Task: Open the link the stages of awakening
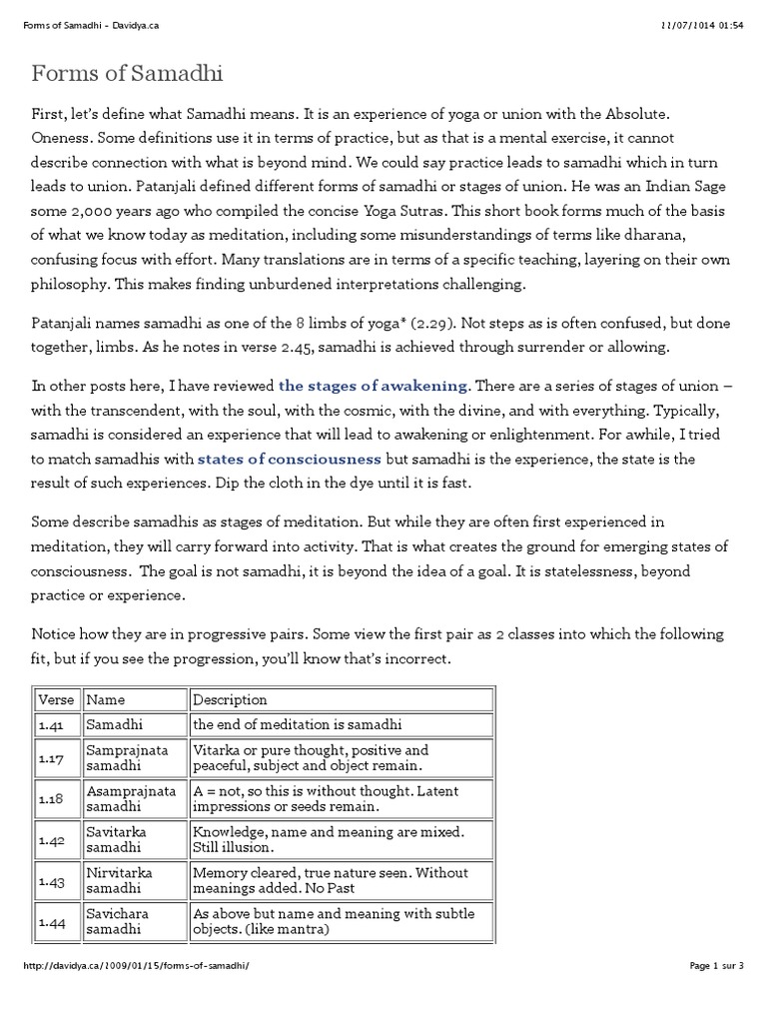tap(373, 386)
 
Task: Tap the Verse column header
tap(56, 699)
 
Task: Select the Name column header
tap(106, 699)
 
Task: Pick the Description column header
tap(230, 699)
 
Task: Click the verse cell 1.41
tap(51, 724)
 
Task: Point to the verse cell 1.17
tap(51, 759)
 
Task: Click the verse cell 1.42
tap(51, 841)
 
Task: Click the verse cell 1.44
tap(51, 923)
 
